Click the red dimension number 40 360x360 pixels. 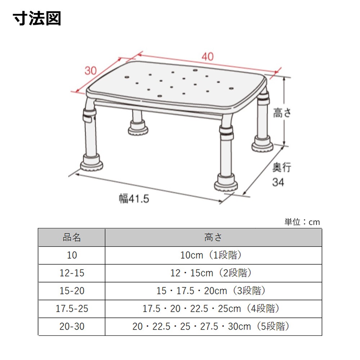coord(208,57)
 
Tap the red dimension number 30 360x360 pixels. coord(91,71)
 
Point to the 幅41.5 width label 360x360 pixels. coord(134,199)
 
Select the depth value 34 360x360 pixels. coord(278,182)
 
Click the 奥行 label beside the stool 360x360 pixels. coord(282,167)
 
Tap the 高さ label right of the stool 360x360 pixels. coord(282,113)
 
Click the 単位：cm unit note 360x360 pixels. coord(302,222)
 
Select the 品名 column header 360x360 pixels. coord(72,237)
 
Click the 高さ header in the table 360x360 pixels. coord(213,237)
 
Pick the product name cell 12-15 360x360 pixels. coord(72,273)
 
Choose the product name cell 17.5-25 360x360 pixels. coord(72,309)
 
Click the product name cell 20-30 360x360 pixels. coord(72,326)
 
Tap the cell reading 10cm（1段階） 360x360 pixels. coord(211,255)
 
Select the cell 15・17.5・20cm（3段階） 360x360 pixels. coord(211,291)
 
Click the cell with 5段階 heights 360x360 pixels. coord(211,327)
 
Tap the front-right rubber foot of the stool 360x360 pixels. coord(226,183)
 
